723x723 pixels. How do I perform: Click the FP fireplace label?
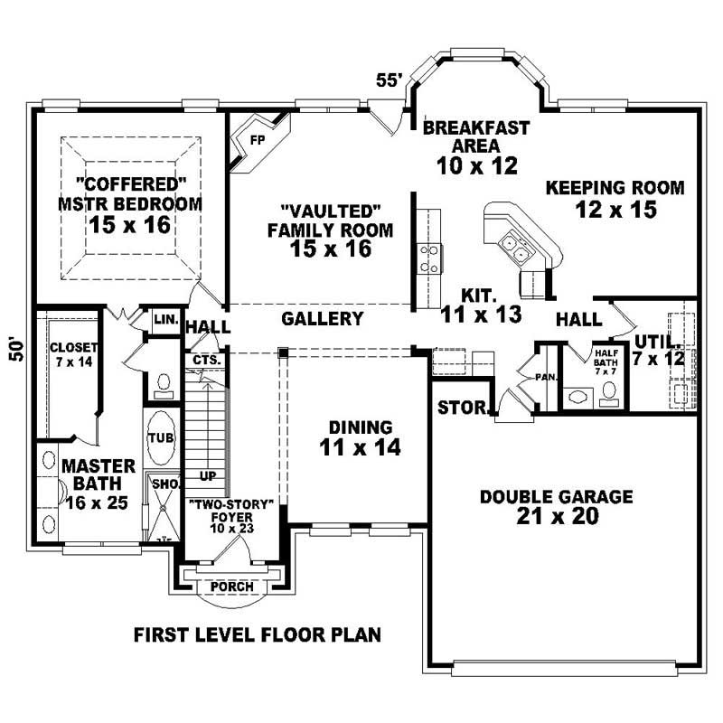tap(258, 140)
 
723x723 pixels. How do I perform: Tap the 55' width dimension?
tap(389, 80)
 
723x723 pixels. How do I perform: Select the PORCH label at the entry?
tap(231, 587)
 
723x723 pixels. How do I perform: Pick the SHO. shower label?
tap(164, 484)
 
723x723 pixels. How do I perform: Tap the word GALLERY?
tap(322, 319)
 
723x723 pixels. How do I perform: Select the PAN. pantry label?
tap(545, 376)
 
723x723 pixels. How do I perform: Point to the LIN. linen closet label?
tap(164, 320)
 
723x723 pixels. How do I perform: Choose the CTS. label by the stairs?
tap(202, 360)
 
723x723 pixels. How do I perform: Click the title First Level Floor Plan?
tap(257, 634)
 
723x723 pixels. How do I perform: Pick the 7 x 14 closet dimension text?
tap(68, 362)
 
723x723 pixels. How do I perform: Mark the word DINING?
tap(360, 427)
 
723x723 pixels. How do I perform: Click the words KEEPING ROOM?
tap(615, 188)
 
